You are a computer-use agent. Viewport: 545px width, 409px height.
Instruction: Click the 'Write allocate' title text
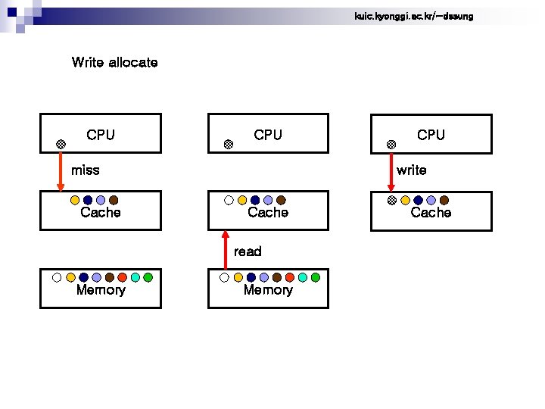[114, 62]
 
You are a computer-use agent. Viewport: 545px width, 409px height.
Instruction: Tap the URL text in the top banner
[413, 16]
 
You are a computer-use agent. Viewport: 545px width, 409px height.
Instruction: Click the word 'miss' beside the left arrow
[85, 170]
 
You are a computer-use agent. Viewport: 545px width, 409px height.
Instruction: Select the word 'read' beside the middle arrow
[248, 251]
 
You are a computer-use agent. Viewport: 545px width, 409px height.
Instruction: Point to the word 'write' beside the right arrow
[411, 170]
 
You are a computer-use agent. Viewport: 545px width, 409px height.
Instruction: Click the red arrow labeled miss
[61, 170]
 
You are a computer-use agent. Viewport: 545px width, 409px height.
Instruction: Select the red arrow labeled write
[391, 170]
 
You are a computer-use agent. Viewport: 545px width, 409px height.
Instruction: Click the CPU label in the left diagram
[101, 135]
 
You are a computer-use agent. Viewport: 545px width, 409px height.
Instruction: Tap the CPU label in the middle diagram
[268, 135]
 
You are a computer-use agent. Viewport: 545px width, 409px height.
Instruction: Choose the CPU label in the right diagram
[431, 135]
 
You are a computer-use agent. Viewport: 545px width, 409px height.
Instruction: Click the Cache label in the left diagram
[101, 213]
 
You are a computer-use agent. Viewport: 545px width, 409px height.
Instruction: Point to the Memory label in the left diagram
[101, 290]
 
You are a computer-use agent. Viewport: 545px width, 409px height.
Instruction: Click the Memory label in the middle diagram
[268, 290]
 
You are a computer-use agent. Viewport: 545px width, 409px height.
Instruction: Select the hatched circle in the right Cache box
[391, 201]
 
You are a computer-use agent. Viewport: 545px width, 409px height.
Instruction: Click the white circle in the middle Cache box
[229, 201]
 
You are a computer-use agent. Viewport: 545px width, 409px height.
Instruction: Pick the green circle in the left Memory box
[148, 277]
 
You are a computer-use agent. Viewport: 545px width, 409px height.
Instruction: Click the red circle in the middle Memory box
[290, 277]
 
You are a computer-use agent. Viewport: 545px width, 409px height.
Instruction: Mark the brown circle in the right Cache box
[444, 201]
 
